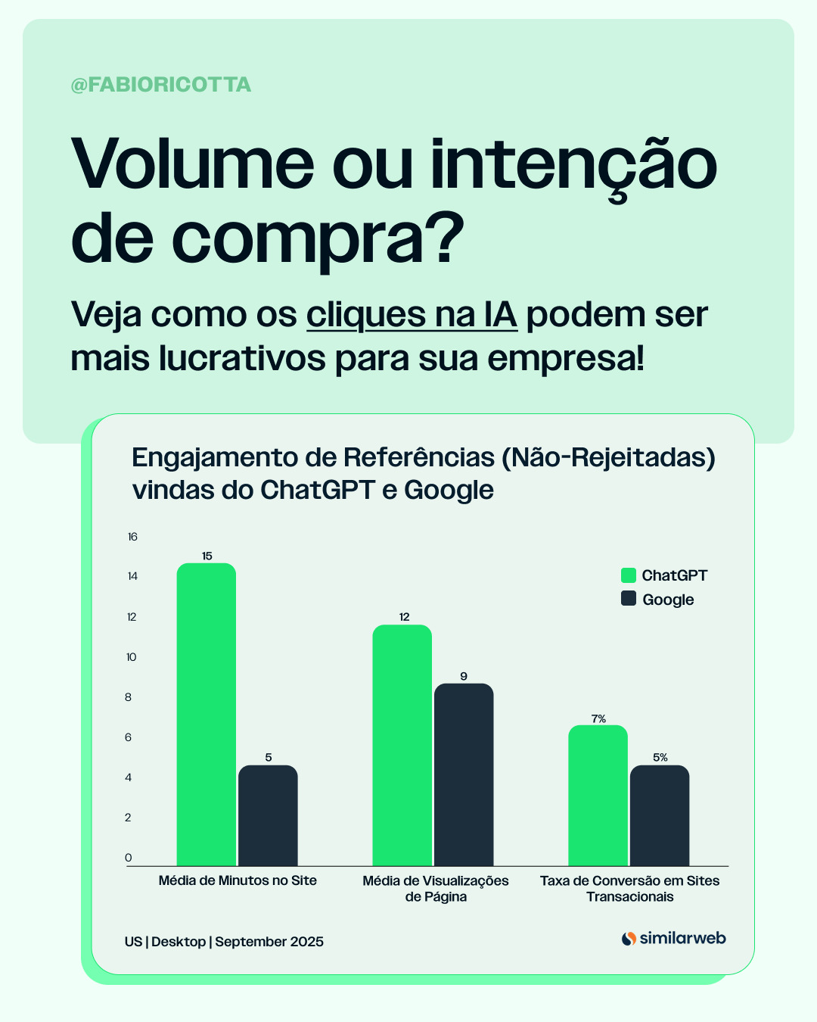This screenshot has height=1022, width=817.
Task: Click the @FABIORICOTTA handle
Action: (x=160, y=85)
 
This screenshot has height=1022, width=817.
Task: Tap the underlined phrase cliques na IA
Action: (x=412, y=315)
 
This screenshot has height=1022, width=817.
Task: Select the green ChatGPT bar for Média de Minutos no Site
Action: (x=206, y=715)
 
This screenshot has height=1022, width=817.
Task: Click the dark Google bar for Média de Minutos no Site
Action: (x=268, y=815)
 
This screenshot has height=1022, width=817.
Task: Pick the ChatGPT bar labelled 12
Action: (x=402, y=745)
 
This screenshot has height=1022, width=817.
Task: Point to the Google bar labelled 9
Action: (x=464, y=774)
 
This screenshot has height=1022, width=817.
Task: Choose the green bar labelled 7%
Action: (x=598, y=796)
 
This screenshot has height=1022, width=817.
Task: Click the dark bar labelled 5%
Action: (x=660, y=815)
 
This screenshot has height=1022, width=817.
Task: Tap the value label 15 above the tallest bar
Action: (x=207, y=556)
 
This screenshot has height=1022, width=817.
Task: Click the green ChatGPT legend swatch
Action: (x=628, y=575)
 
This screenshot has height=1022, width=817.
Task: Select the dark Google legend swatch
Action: (x=628, y=598)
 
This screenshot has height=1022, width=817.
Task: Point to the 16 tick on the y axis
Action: (x=132, y=537)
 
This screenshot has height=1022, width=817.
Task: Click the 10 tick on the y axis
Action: (x=131, y=657)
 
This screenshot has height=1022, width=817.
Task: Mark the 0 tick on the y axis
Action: (x=128, y=857)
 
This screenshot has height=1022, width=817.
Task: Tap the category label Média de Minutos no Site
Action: (x=238, y=880)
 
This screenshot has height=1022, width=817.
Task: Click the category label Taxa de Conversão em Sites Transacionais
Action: (x=629, y=889)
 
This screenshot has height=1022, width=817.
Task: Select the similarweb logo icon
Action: (x=629, y=939)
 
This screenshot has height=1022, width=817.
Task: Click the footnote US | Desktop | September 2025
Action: (x=224, y=942)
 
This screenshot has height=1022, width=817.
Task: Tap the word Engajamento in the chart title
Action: (x=215, y=459)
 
